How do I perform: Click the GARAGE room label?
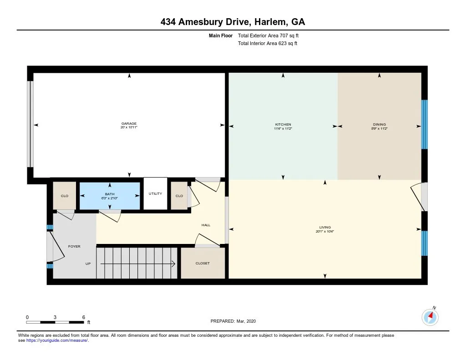coord(129,124)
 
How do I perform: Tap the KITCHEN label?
coord(283,124)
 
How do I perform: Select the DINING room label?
coord(379,124)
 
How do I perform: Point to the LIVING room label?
coord(325,227)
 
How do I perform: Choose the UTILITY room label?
coord(155,194)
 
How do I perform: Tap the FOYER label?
coord(74,246)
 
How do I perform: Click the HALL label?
coord(206,225)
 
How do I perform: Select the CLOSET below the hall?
coord(203,263)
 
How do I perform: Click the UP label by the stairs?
coord(88,264)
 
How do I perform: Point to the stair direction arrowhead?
coord(174,264)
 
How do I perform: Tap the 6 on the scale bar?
coord(84,317)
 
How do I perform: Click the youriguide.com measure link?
coord(57,340)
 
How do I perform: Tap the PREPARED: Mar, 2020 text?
coord(233,321)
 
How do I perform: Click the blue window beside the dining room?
coord(425,124)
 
